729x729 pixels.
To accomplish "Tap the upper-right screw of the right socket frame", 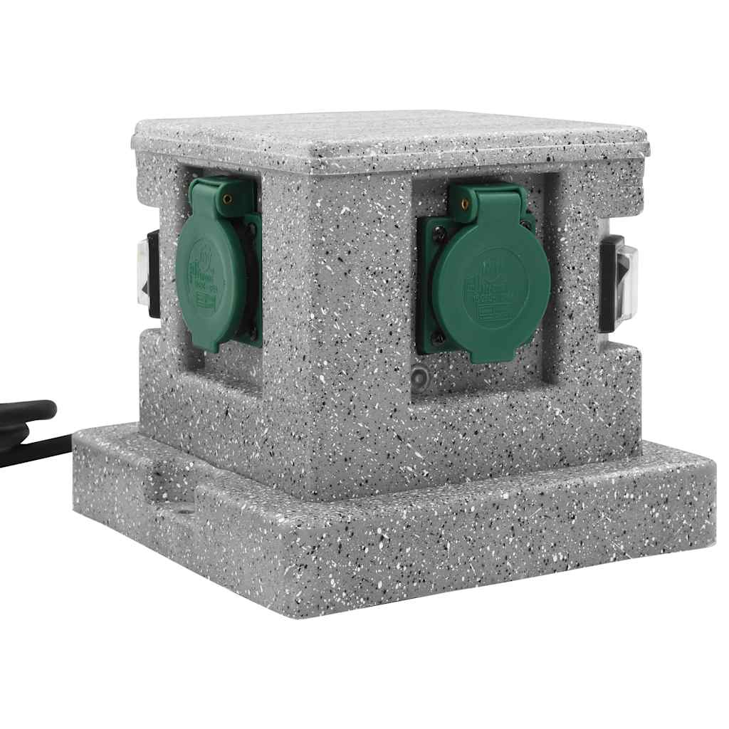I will (527, 226).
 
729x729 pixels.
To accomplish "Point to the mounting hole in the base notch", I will (188, 510).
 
